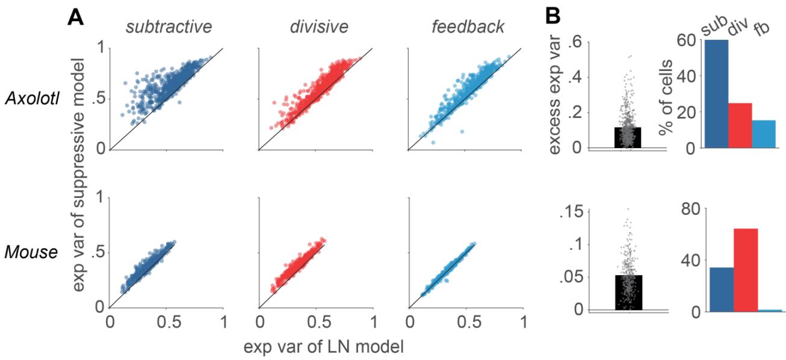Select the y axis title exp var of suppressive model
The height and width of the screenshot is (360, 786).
click(78, 175)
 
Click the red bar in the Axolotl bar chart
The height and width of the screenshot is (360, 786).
click(740, 125)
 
